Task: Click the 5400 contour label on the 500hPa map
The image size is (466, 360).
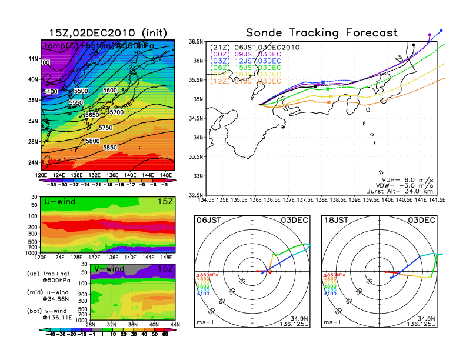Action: [51, 92]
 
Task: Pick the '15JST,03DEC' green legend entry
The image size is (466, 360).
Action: [266, 68]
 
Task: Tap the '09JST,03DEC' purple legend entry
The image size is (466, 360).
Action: [266, 54]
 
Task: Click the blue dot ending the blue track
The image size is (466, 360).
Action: [441, 30]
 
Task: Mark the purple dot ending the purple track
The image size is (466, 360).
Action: [430, 35]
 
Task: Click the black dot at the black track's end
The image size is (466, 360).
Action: [414, 45]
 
